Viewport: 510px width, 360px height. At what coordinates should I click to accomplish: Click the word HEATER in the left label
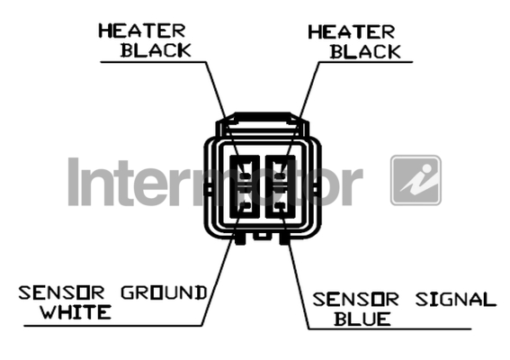tap(142, 31)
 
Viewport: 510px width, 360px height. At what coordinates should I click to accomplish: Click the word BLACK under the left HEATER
tap(156, 50)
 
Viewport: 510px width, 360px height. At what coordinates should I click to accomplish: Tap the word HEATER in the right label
tap(352, 32)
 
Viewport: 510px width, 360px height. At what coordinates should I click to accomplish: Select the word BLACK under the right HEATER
tap(365, 52)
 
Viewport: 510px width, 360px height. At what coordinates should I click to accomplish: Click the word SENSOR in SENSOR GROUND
tap(61, 292)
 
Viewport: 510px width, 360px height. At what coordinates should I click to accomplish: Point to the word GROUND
tap(164, 292)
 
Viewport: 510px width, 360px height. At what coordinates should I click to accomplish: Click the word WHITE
tap(76, 311)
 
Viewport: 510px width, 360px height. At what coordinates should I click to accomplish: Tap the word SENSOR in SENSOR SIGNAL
tap(355, 300)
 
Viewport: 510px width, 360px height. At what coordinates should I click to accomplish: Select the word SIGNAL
tap(456, 300)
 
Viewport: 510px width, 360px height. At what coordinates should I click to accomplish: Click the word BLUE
tap(362, 319)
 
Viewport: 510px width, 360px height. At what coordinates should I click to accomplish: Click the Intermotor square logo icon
tap(416, 180)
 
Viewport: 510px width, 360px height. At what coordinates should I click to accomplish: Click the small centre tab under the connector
tap(262, 235)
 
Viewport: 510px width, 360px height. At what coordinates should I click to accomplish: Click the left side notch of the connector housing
tap(208, 189)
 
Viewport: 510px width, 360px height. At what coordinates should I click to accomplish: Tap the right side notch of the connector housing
tap(317, 189)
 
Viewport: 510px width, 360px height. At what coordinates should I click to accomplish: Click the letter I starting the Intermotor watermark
tap(74, 182)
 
